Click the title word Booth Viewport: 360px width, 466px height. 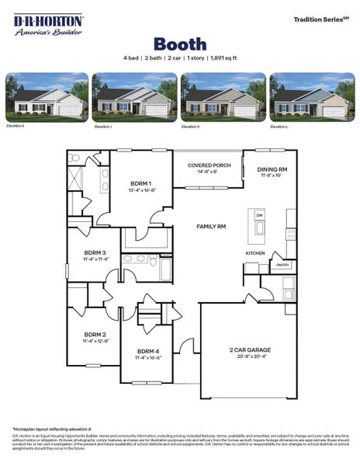tap(179, 43)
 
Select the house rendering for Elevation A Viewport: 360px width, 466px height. tap(47, 97)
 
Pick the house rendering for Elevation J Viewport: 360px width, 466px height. tap(134, 97)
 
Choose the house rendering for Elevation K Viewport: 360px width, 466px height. tap(223, 97)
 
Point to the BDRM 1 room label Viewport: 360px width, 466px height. tap(140, 183)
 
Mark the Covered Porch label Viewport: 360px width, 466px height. tap(209, 165)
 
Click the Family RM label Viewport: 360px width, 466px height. tap(210, 226)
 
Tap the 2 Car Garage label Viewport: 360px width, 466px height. tap(247, 350)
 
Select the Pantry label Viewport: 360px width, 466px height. tap(281, 265)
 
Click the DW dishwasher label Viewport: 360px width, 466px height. tap(259, 214)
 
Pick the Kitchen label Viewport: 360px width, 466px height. tap(255, 253)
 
